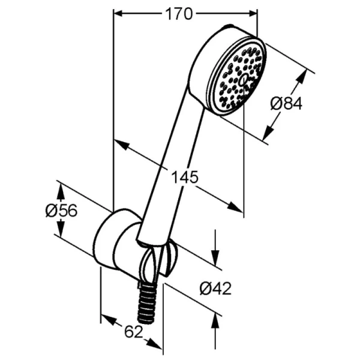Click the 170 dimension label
coord(178,14)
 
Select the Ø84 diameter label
coord(286,104)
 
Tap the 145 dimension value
coord(185,177)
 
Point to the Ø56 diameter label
coord(62,211)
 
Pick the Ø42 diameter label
coord(215,289)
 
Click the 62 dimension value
coord(134,332)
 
